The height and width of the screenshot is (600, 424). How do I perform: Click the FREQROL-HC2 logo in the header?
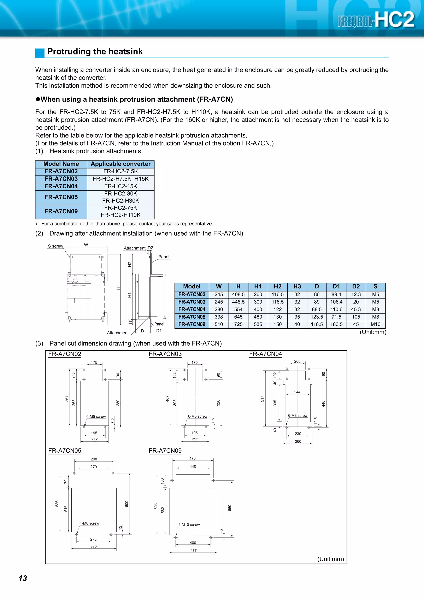375,20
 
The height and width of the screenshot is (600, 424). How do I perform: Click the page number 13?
23,578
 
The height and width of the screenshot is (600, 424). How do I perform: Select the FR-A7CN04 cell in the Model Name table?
61,186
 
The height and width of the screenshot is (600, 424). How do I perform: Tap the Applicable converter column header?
120,164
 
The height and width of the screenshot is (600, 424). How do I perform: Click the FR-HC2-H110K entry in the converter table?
120,215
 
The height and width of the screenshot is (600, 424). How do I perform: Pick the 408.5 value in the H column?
238,294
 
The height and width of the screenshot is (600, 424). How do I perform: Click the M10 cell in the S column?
375,324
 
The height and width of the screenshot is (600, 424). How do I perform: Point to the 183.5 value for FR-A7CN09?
336,324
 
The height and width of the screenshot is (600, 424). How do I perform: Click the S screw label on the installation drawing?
55,246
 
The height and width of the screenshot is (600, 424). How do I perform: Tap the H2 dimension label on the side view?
130,264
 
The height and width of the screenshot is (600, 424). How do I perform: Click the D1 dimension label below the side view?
159,331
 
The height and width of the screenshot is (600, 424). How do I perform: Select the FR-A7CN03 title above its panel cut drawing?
165,354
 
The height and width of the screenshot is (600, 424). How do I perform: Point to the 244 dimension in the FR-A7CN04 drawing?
297,392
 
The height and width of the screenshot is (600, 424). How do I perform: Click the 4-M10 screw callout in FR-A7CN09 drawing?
189,524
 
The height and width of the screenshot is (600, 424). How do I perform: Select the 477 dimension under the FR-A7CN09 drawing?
193,550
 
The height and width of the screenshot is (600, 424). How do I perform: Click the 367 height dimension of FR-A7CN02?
67,399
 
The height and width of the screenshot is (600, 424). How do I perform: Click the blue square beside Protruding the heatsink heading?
40,53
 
